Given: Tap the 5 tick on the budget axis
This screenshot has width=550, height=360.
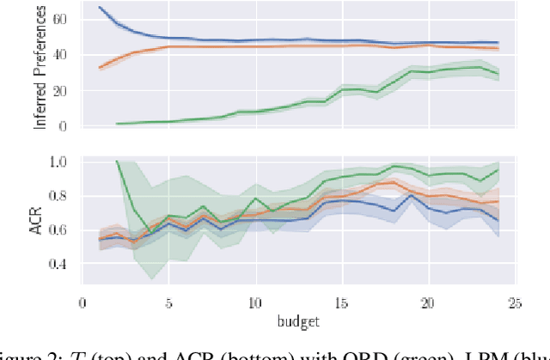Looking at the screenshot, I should (168, 302).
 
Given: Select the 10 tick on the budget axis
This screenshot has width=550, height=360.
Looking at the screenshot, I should (255, 302).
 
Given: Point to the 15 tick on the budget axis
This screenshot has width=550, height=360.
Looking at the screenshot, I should (342, 302).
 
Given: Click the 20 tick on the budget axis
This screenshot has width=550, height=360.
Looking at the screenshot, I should (429, 302).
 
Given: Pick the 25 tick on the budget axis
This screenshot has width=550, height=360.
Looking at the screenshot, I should (515, 302).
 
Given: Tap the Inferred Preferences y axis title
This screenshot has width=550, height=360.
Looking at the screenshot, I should (40, 67).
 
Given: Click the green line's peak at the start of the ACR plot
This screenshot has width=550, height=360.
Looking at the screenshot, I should (117, 162).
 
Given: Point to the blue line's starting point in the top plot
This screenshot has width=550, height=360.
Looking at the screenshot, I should (100, 7).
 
